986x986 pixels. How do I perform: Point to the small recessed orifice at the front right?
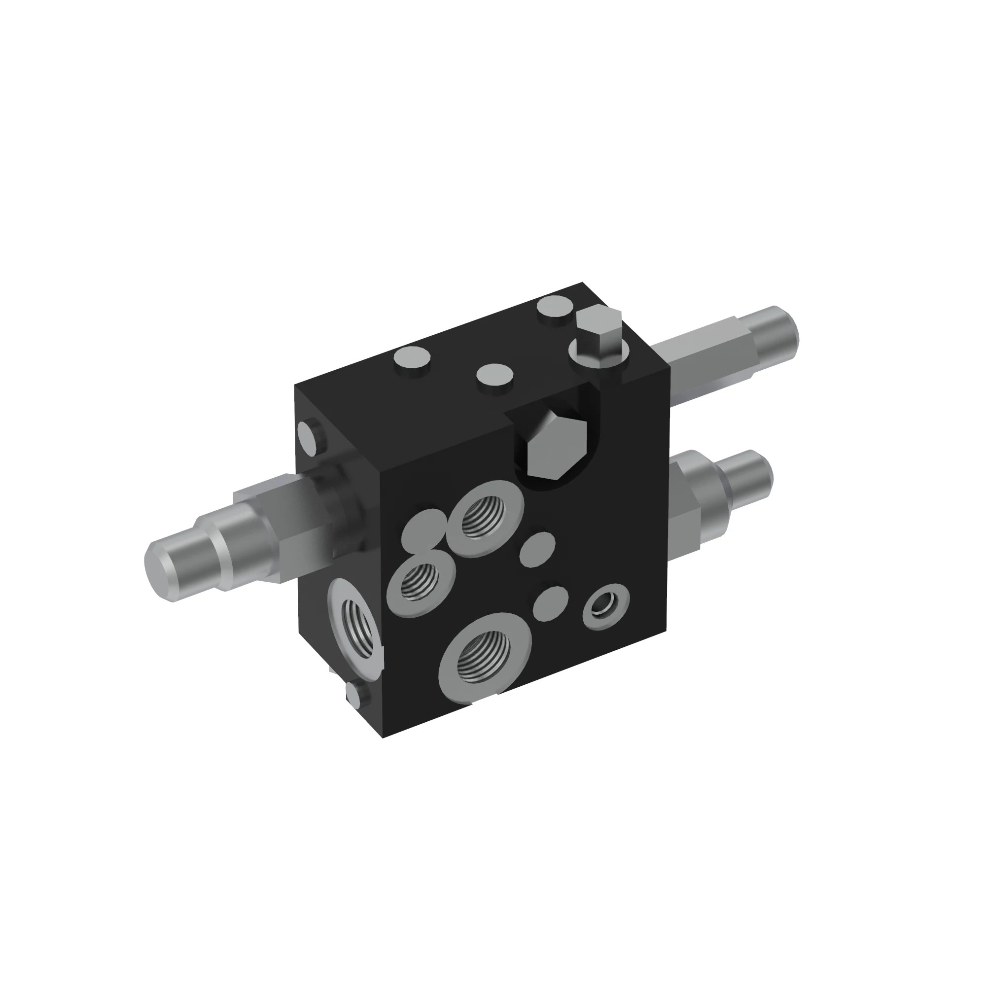coord(605,606)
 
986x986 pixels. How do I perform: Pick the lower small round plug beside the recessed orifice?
coord(551,603)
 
